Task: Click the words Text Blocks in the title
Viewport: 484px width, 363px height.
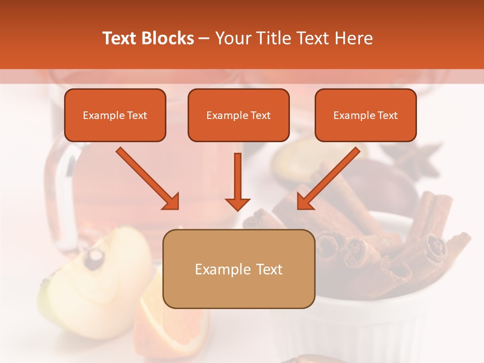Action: pyautogui.click(x=148, y=38)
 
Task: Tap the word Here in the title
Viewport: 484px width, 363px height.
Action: pyautogui.click(x=352, y=38)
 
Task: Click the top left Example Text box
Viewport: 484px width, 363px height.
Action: pyautogui.click(x=115, y=115)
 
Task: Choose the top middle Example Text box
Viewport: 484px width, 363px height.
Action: pyautogui.click(x=238, y=115)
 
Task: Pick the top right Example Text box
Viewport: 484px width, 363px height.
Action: pyautogui.click(x=366, y=115)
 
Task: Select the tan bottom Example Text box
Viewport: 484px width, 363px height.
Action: pyautogui.click(x=238, y=269)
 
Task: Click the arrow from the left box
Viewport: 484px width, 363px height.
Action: pyautogui.click(x=147, y=178)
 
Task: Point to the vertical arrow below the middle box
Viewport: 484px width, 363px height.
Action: pyautogui.click(x=237, y=181)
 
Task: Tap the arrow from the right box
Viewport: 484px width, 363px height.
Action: pyautogui.click(x=328, y=178)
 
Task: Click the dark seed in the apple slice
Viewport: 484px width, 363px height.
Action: pyautogui.click(x=94, y=259)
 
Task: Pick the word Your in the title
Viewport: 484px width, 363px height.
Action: pyautogui.click(x=232, y=38)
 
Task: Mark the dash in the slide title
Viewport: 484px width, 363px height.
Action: pyautogui.click(x=204, y=38)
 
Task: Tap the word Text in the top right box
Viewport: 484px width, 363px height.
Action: pyautogui.click(x=387, y=115)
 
